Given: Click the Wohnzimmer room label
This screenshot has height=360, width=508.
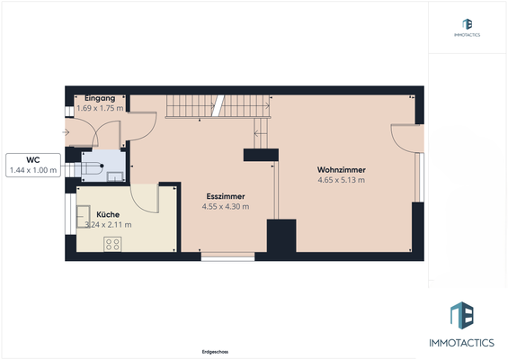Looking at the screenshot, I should pyautogui.click(x=341, y=169).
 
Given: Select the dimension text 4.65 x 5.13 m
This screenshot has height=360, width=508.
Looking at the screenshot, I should pyautogui.click(x=341, y=180).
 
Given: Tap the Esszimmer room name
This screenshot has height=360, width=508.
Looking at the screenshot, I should pyautogui.click(x=226, y=195).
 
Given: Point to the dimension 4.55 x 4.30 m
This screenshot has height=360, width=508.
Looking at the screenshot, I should pyautogui.click(x=226, y=206).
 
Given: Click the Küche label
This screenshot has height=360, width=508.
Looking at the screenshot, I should pyautogui.click(x=109, y=214).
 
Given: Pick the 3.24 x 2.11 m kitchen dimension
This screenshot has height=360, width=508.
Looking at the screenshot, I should pyautogui.click(x=108, y=225).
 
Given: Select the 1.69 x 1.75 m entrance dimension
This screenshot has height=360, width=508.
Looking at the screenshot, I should pyautogui.click(x=100, y=108).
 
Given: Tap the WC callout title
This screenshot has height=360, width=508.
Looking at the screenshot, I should pyautogui.click(x=32, y=159).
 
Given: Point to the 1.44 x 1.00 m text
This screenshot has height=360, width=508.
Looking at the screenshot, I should pyautogui.click(x=32, y=170).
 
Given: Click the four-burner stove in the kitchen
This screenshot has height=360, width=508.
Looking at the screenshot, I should pyautogui.click(x=113, y=244).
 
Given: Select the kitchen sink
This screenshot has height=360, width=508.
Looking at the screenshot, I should pyautogui.click(x=83, y=215).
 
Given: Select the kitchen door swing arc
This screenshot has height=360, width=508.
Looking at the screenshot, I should pyautogui.click(x=144, y=196).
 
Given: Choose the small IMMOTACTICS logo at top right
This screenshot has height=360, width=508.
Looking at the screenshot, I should pyautogui.click(x=467, y=27).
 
